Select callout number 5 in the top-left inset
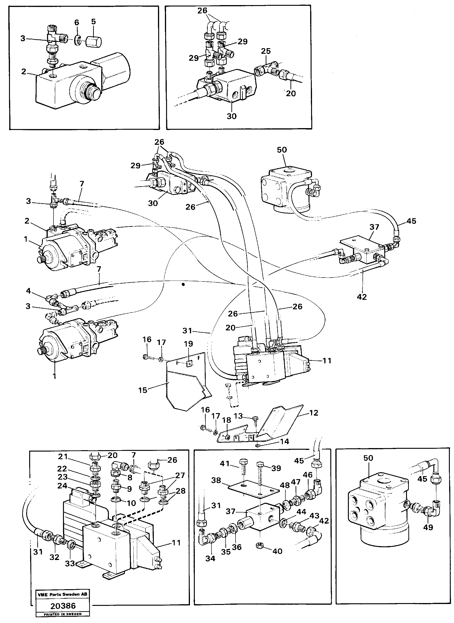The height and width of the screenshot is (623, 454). (x=94, y=22)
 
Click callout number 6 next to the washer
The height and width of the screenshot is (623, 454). (x=77, y=22)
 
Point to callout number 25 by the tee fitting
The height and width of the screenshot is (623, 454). (x=266, y=51)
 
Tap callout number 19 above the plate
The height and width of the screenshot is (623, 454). (x=188, y=344)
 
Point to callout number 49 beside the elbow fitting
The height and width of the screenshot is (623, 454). (x=428, y=527)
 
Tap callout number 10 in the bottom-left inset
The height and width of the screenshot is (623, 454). (x=131, y=503)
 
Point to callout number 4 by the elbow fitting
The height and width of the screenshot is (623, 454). (x=28, y=291)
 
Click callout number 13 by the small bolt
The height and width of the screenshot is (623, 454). (x=238, y=416)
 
